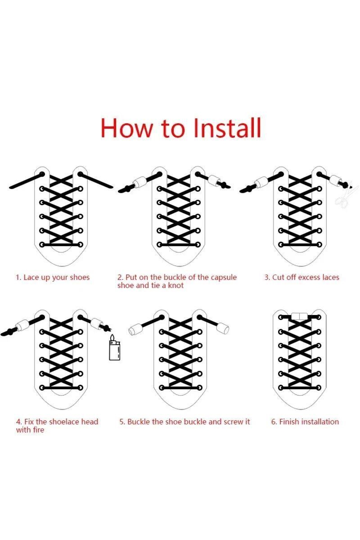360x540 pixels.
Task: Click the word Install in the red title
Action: tap(227, 128)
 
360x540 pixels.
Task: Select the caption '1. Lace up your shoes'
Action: tap(52, 277)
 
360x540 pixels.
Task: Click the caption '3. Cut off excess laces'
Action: tap(302, 277)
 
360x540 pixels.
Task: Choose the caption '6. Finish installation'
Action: tap(305, 422)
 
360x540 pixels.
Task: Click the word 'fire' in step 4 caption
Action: tap(38, 430)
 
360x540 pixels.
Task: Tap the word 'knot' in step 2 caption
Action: tap(175, 285)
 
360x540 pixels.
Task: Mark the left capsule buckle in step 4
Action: tap(22, 326)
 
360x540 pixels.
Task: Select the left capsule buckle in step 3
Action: tap(261, 182)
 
